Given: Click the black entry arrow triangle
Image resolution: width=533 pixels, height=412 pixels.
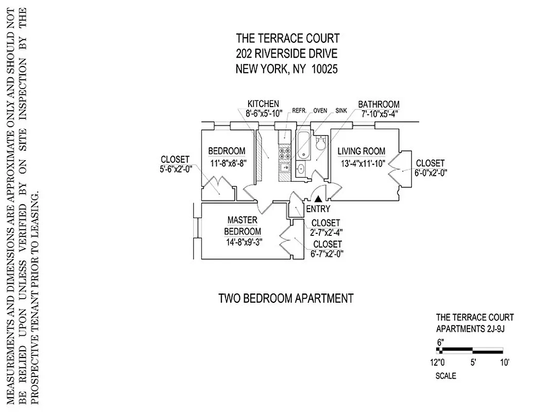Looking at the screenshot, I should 319,198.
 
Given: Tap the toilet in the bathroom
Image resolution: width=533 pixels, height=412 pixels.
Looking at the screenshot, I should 321,143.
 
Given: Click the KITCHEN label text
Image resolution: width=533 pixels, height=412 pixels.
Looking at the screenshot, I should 263,104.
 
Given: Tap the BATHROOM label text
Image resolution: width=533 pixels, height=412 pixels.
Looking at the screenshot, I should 379,104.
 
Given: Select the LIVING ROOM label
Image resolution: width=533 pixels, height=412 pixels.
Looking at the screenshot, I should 362,151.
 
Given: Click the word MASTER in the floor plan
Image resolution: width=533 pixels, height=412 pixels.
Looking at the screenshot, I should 242,220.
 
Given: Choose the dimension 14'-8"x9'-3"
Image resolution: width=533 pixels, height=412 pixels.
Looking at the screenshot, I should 244,243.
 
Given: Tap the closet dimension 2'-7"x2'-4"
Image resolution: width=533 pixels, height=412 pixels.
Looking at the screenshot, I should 326,232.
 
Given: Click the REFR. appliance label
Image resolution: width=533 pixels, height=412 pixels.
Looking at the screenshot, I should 299,110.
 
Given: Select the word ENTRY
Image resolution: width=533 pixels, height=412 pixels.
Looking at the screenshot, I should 318,209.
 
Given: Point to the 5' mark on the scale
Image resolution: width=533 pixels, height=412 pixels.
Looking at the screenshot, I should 472,362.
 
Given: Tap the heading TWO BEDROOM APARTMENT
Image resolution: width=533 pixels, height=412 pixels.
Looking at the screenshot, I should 286,298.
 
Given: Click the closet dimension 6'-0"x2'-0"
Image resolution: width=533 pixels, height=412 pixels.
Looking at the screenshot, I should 431,174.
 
